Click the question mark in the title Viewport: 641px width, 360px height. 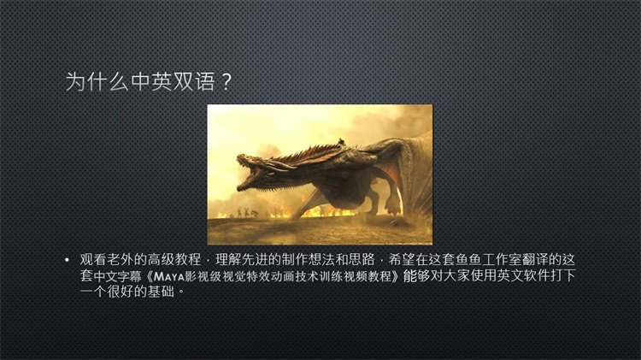[226, 82]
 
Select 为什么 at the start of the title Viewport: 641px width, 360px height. [97, 81]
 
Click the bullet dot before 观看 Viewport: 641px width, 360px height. [67, 260]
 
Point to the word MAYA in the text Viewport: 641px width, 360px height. [169, 277]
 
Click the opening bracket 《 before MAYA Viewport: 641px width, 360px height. [148, 276]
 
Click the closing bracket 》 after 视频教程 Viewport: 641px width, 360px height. [396, 276]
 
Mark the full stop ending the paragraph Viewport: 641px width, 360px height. [181, 292]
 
